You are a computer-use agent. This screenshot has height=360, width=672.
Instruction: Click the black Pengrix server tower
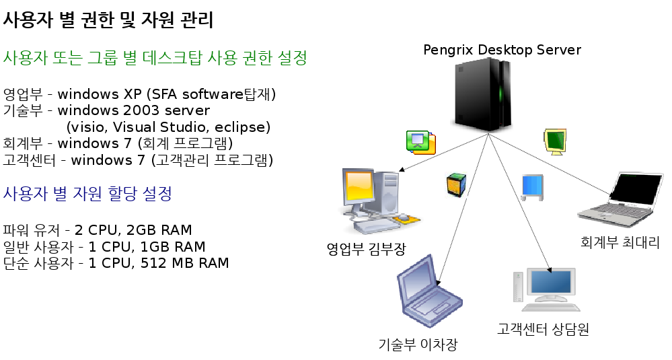tap(483, 95)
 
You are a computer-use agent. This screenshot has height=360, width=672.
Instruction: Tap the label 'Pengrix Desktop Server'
tap(502, 50)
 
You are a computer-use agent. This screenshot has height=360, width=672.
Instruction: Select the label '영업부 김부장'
tap(366, 248)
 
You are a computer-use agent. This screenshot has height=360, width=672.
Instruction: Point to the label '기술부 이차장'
tap(418, 344)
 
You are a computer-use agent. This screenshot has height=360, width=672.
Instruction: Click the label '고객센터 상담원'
tap(543, 329)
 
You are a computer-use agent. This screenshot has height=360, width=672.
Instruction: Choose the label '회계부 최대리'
tap(620, 242)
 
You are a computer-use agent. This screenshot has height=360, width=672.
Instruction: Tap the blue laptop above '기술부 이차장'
tap(429, 291)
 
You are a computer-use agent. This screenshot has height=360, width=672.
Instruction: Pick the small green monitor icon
tap(555, 141)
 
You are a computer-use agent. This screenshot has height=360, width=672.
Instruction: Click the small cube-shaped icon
tap(456, 184)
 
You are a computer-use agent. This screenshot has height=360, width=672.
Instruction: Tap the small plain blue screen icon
tap(532, 187)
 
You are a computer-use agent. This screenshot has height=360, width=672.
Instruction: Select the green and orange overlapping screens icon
tap(421, 142)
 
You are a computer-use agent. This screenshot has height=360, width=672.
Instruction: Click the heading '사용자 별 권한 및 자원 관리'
tap(108, 20)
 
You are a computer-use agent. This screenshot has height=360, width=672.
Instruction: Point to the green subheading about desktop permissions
tap(155, 58)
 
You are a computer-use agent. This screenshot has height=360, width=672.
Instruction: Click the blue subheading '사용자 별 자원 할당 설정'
tap(87, 193)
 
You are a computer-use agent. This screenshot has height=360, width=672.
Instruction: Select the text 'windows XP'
tap(100, 94)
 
